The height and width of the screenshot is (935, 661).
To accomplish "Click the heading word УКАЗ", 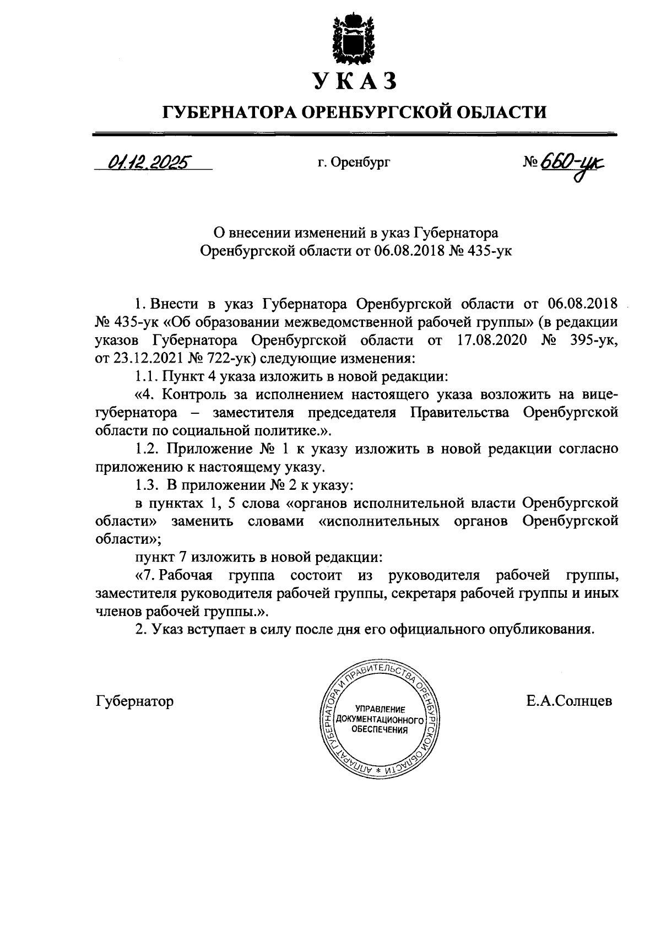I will coord(354,81).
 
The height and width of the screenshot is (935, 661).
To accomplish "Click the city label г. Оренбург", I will coord(354,163).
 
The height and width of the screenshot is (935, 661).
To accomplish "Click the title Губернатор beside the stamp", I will coord(134,701).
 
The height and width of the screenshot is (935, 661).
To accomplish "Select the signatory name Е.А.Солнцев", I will coord(569,701).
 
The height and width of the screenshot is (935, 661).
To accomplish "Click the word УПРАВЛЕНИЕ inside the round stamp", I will coord(380,710).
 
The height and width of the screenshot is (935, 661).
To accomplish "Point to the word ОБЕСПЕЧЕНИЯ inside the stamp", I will coord(380,731).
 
